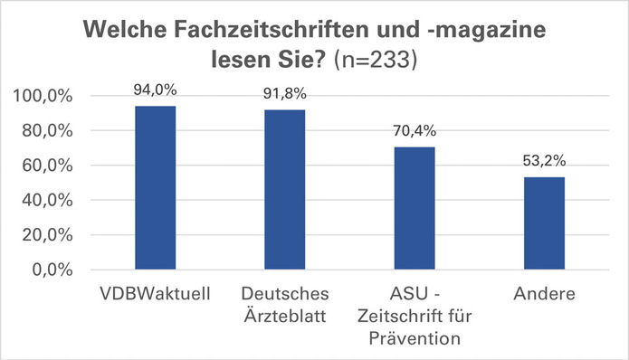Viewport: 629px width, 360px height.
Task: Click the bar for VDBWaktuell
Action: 156,188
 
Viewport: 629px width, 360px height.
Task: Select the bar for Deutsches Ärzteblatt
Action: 284,190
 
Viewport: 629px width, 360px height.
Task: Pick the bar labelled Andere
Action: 543,223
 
